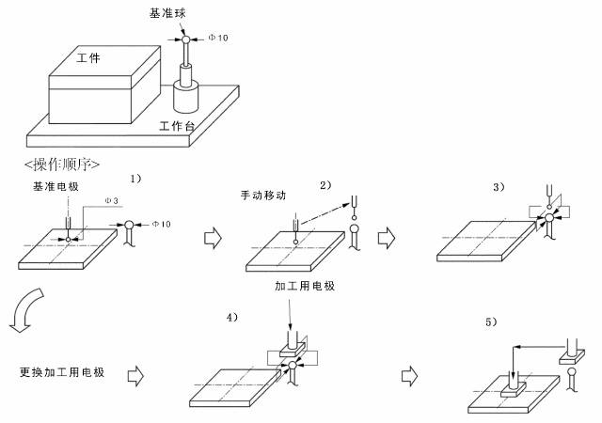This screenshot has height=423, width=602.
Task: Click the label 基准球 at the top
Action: [166, 13]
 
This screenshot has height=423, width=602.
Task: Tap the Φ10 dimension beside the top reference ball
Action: [218, 39]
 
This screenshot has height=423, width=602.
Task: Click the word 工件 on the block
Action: [88, 59]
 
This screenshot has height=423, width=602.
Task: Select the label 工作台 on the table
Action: [177, 124]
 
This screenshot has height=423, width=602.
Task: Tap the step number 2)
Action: [325, 184]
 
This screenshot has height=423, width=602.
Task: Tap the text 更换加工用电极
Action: [62, 371]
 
